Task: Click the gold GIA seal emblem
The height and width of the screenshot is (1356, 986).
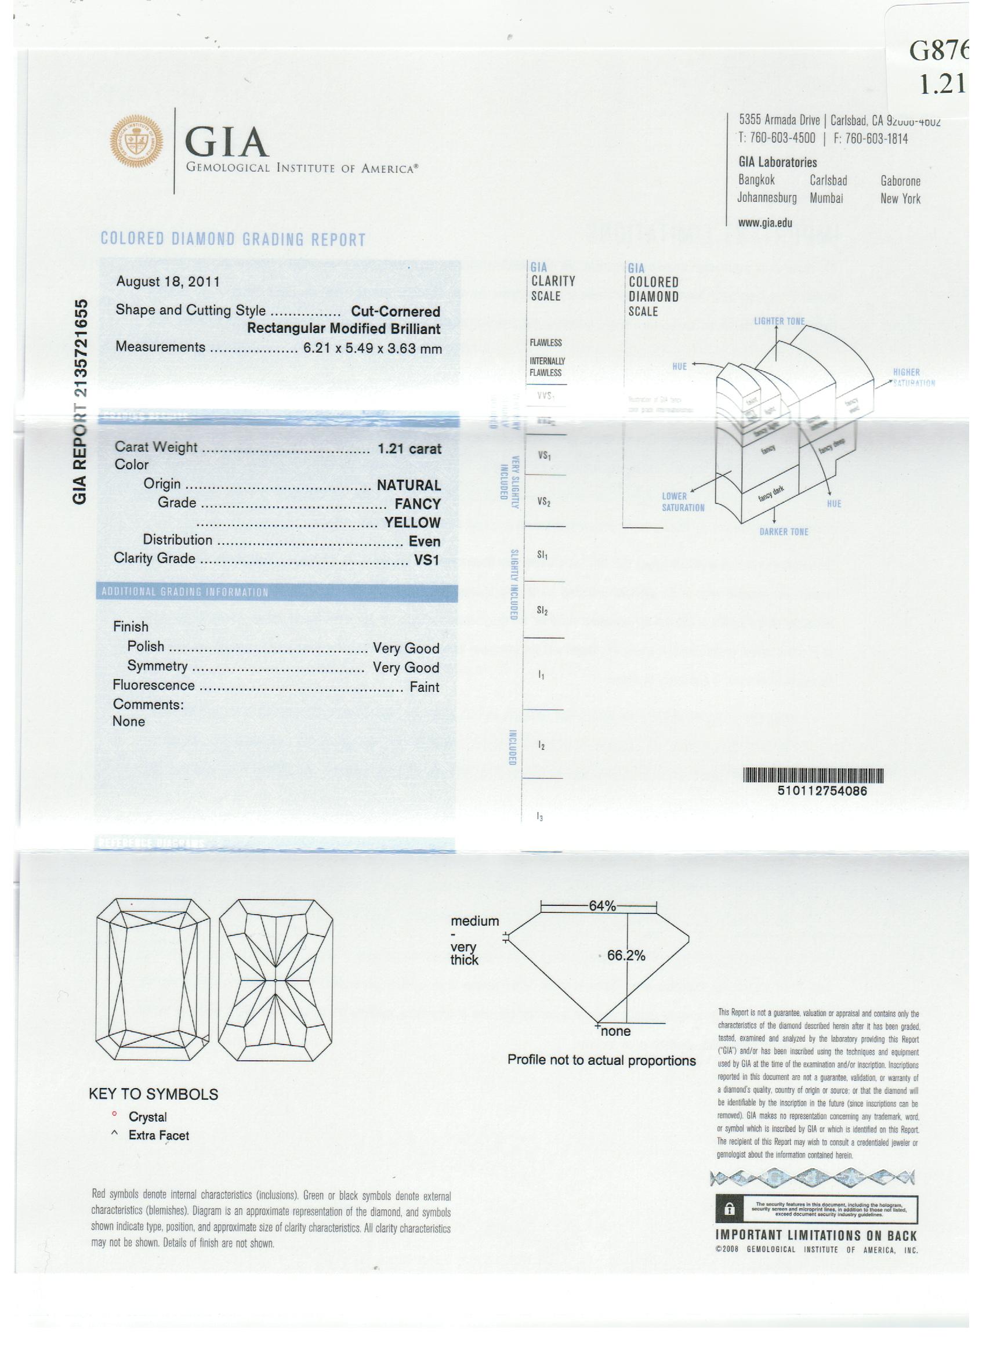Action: [x=136, y=141]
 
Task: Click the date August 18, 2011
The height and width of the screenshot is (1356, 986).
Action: [x=168, y=282]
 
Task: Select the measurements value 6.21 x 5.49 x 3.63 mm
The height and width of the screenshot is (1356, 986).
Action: [x=372, y=348]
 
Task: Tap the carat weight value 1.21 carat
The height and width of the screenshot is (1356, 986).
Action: [x=409, y=448]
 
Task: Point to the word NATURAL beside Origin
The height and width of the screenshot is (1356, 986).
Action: [x=408, y=485]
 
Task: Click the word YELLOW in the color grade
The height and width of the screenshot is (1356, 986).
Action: [x=412, y=523]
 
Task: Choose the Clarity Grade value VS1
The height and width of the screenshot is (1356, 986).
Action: [x=426, y=560]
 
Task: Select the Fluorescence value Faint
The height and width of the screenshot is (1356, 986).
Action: [x=424, y=687]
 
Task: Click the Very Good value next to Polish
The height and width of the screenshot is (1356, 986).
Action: [x=405, y=648]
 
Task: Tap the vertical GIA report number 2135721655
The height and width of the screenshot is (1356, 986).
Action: [x=80, y=401]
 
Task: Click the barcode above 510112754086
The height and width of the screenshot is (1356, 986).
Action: [x=813, y=775]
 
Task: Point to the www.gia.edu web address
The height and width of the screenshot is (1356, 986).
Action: [x=765, y=223]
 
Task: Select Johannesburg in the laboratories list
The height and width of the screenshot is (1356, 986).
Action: [x=767, y=198]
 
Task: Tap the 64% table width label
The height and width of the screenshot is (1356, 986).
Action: [x=601, y=906]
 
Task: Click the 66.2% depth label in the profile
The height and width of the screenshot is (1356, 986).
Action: [x=625, y=955]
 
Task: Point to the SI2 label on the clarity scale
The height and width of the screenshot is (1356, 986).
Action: [x=542, y=611]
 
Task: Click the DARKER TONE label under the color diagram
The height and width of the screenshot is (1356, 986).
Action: [x=784, y=531]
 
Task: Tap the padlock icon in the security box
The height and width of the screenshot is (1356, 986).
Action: [x=730, y=1209]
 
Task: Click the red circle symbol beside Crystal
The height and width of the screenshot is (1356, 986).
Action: [x=114, y=1114]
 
